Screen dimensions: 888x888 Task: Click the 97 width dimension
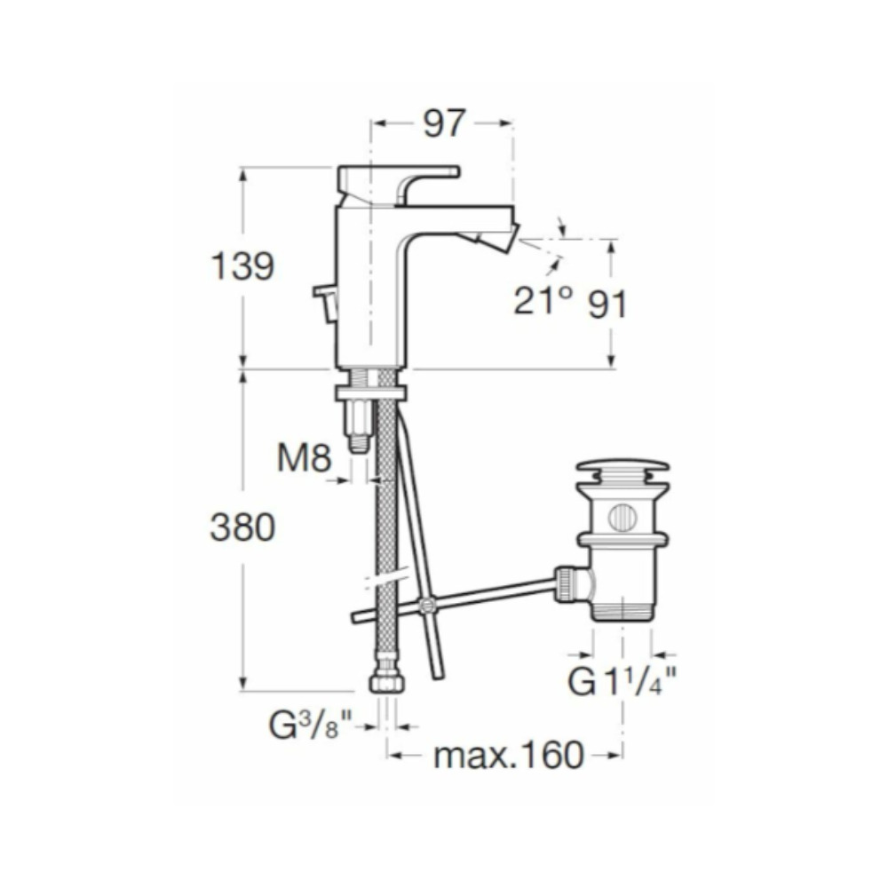click(445, 123)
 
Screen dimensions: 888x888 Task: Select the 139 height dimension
click(242, 266)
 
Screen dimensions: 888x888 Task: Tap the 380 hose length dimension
click(242, 527)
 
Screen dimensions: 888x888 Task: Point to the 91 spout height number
click(607, 305)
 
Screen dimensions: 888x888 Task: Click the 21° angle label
click(542, 299)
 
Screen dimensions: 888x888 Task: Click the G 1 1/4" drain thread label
click(622, 681)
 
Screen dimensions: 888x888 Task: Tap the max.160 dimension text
click(508, 755)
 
